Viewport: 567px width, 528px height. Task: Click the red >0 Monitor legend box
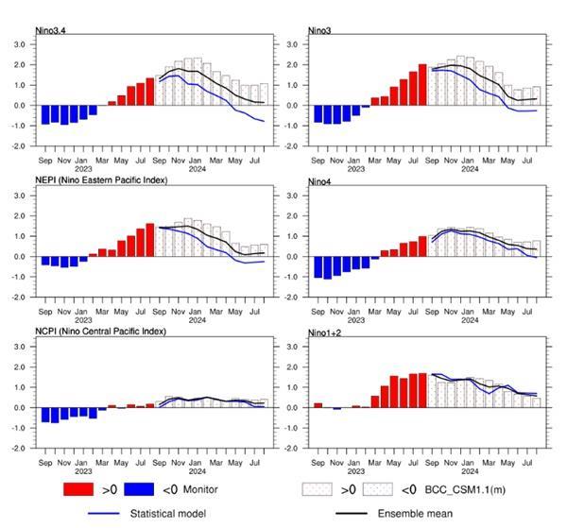tap(80, 490)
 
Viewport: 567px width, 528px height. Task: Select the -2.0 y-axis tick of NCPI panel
tap(18, 449)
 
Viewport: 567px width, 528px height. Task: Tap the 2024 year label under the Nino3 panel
tap(468, 169)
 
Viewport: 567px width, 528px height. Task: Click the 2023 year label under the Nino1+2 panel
tap(356, 471)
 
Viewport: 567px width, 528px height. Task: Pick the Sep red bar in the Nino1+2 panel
tap(318, 404)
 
